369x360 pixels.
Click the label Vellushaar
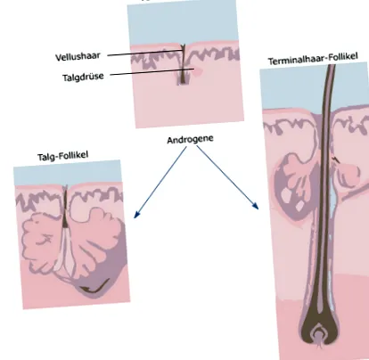pos(78,56)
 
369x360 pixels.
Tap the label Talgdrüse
pos(83,77)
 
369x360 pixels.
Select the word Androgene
pos(190,139)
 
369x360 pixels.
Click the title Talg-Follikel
pos(63,156)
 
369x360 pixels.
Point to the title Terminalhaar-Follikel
pos(313,59)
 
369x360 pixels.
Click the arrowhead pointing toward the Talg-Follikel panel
pos(136,215)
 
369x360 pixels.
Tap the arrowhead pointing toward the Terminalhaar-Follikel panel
pos(255,206)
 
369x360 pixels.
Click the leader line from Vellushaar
pos(144,53)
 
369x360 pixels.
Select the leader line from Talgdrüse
pos(152,72)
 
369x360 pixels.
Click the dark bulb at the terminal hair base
pos(318,327)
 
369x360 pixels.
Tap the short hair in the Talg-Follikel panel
pos(65,207)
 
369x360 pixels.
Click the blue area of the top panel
pos(183,23)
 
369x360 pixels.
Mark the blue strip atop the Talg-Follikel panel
pos(68,173)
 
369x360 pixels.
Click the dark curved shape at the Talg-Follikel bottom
pos(94,287)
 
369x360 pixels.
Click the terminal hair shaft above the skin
pos(329,86)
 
